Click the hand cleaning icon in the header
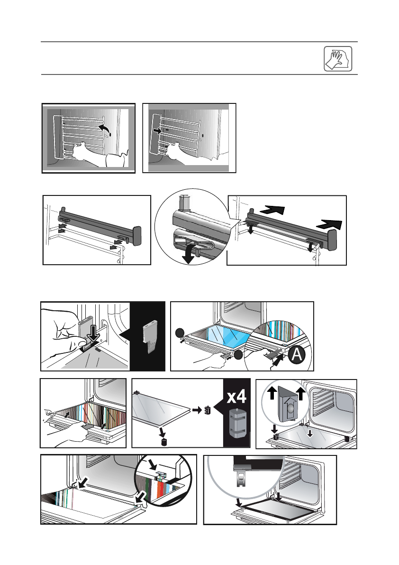pos(338,58)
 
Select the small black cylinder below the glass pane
pos(164,442)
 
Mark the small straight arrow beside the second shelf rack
pos(157,129)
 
